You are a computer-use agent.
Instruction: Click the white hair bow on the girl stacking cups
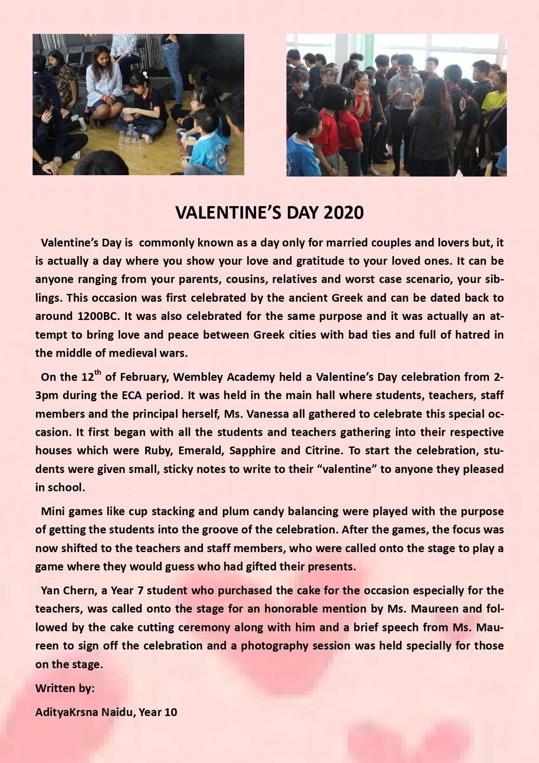point(144,74)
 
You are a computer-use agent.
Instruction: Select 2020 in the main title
point(343,213)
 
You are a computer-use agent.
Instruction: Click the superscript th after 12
point(98,372)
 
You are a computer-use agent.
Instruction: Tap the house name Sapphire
point(253,450)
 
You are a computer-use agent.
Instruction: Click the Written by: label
point(65,688)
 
